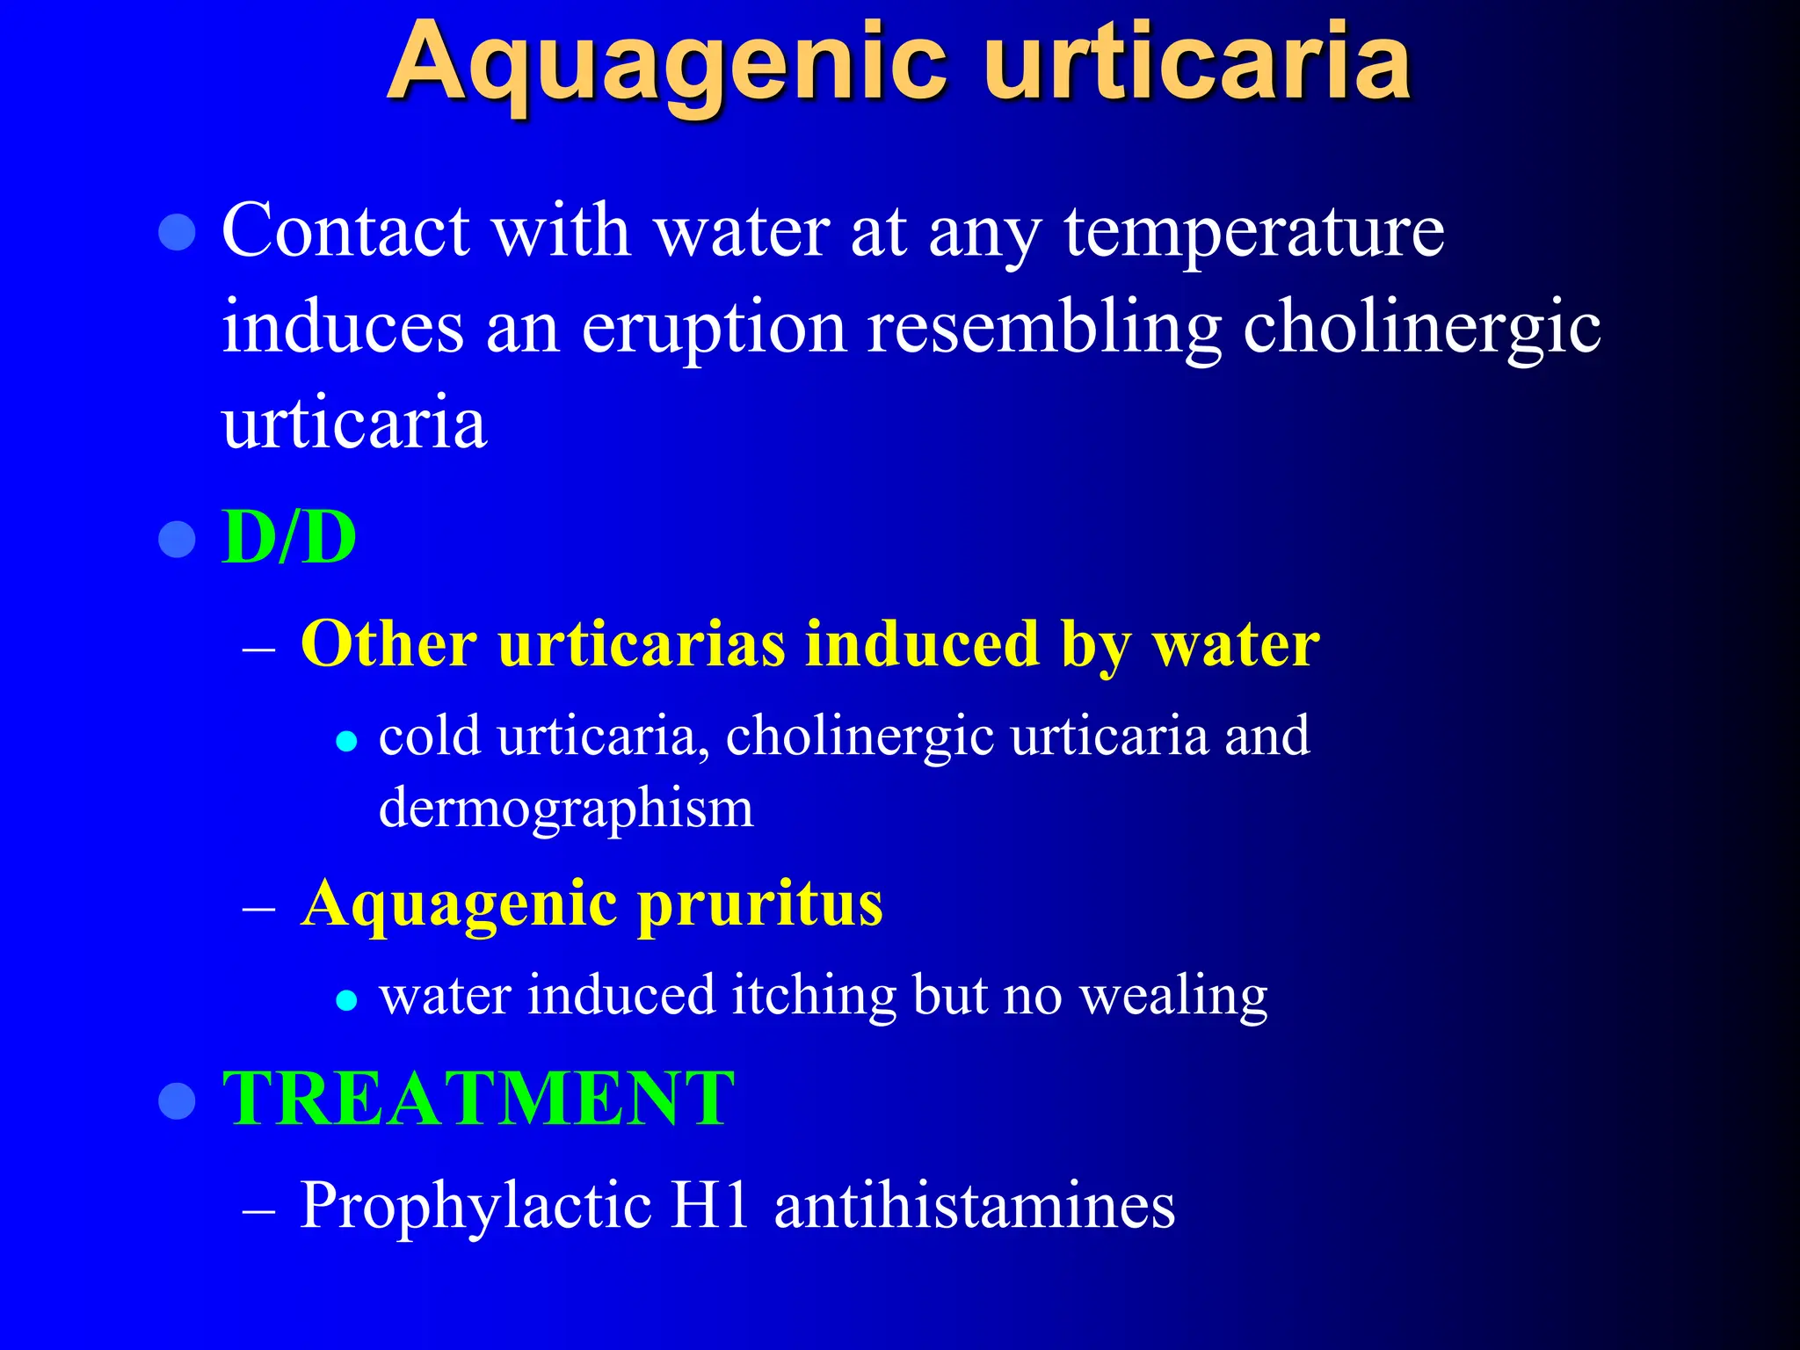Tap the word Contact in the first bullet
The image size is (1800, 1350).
(345, 230)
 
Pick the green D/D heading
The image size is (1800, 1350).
(289, 537)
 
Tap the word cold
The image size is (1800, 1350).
(429, 735)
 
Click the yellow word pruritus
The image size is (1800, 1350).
(759, 905)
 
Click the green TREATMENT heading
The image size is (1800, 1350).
(478, 1099)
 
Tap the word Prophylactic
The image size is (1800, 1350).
(475, 1206)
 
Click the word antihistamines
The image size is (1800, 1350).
(975, 1204)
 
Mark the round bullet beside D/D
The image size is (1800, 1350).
(177, 539)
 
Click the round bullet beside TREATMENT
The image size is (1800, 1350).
(177, 1100)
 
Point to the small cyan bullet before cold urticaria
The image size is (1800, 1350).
(347, 742)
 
